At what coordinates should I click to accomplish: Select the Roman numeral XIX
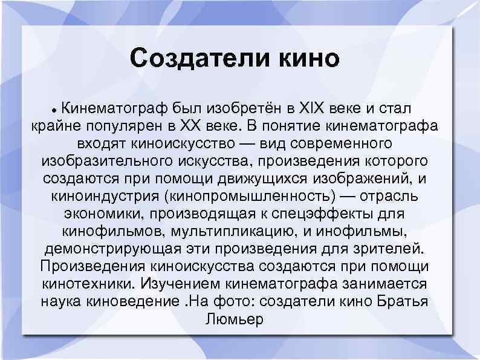coord(314,110)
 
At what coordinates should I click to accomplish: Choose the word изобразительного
coord(107,162)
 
